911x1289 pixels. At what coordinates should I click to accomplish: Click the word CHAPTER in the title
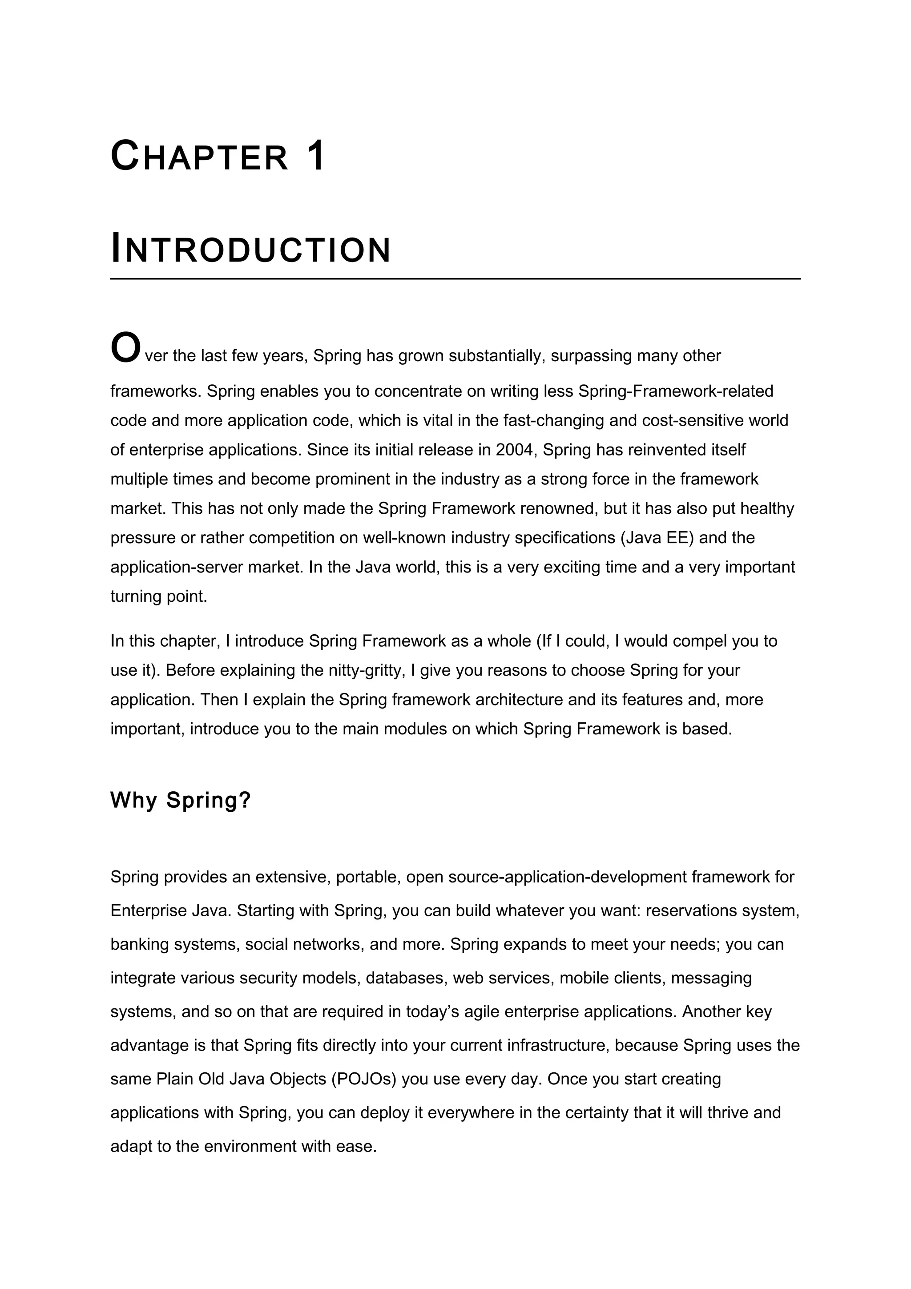(x=199, y=157)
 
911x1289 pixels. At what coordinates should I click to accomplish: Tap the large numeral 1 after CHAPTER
(x=316, y=156)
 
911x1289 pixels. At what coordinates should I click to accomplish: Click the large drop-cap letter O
(x=125, y=348)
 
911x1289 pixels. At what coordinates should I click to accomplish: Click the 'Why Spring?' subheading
(x=180, y=800)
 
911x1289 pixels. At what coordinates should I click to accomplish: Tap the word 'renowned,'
(x=559, y=509)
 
